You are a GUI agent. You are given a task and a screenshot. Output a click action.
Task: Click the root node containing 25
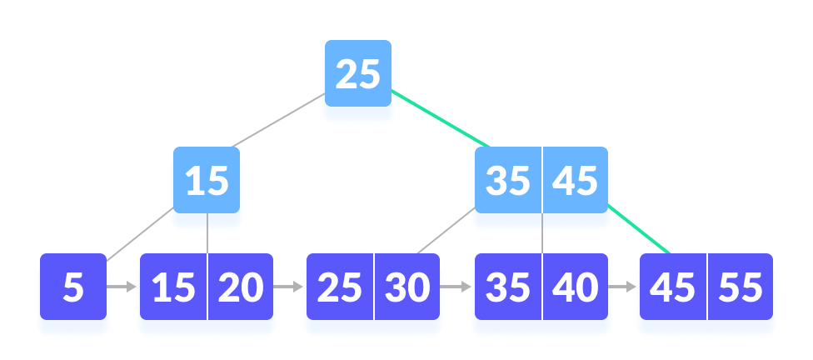[x=357, y=76]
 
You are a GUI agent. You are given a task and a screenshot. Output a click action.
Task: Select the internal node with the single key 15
[x=207, y=181]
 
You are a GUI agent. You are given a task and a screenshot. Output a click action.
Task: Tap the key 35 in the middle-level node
[x=507, y=181]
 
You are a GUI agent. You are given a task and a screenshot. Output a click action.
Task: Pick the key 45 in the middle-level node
[x=576, y=181]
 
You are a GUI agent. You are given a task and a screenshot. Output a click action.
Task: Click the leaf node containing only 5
[x=73, y=287]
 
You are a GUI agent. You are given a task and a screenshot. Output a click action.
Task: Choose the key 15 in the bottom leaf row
[x=173, y=287]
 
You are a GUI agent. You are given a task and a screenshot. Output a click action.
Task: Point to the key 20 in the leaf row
[x=241, y=287]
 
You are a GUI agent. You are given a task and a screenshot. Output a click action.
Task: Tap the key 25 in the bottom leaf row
[x=340, y=287]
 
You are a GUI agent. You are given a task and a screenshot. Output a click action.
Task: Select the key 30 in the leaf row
[x=406, y=287]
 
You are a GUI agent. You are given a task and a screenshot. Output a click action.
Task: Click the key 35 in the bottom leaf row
[x=507, y=287]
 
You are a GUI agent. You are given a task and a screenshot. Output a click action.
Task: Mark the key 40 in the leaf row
[x=576, y=287]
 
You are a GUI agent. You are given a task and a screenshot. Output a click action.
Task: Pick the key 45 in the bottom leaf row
[x=672, y=287]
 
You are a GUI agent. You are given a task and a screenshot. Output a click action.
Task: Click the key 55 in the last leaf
[x=740, y=287]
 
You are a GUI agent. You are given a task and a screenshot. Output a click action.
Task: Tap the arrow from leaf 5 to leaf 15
[x=122, y=287]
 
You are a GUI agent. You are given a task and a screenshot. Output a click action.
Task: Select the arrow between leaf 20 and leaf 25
[x=289, y=287]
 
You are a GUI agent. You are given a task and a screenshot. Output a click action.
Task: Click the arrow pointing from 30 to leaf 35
[x=456, y=287]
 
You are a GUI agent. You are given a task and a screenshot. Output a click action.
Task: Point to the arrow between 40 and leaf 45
[x=623, y=287]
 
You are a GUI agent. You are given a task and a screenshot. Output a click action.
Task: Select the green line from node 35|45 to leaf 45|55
[x=641, y=229]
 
